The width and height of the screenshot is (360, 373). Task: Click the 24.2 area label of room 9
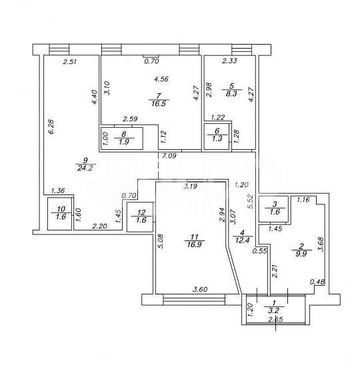(85, 168)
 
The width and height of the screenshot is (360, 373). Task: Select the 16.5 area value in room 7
(159, 103)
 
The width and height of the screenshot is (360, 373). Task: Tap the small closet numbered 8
(121, 139)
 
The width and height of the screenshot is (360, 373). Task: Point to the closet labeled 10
(60, 214)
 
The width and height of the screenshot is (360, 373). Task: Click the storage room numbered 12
(140, 216)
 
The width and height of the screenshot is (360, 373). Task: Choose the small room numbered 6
(217, 136)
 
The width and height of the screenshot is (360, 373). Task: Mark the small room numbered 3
(273, 208)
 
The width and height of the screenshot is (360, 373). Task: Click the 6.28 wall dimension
(51, 127)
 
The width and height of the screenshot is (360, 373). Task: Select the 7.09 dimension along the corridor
(169, 156)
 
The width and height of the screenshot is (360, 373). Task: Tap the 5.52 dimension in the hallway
(251, 202)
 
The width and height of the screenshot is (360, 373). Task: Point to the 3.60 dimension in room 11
(200, 289)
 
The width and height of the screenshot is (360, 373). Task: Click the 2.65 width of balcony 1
(276, 319)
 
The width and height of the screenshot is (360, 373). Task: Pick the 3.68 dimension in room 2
(321, 244)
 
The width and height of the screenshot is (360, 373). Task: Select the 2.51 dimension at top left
(70, 62)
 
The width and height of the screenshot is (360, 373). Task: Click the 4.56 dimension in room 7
(161, 79)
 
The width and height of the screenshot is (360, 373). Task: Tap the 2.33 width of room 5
(229, 61)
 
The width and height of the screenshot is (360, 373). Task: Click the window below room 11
(194, 300)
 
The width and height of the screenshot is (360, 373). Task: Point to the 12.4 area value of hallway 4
(242, 240)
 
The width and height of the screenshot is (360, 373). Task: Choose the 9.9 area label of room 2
(301, 253)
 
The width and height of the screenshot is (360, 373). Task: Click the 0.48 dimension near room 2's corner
(317, 282)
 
